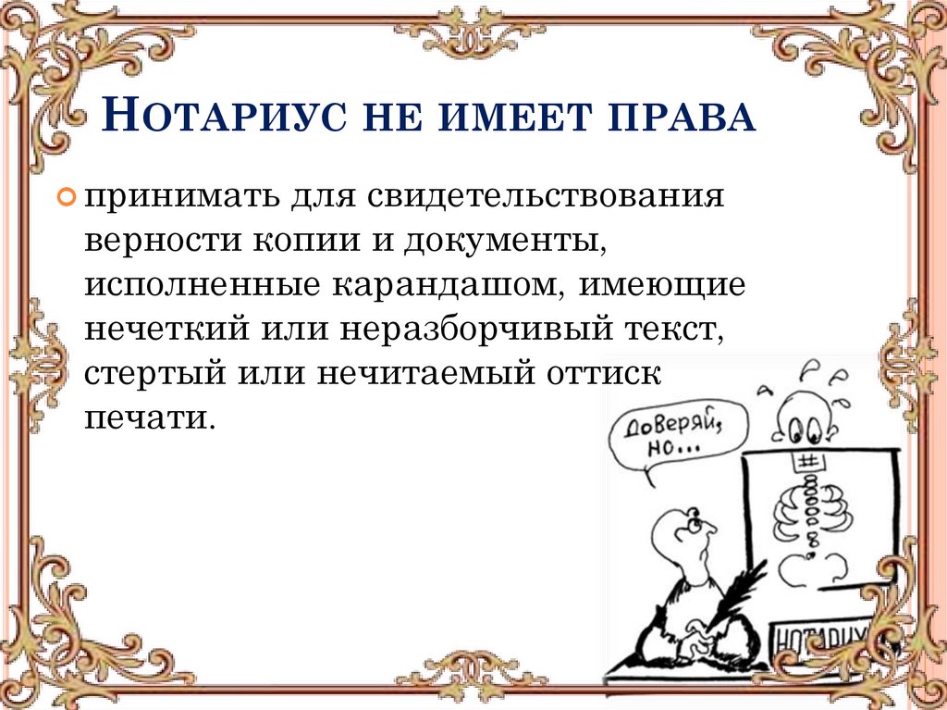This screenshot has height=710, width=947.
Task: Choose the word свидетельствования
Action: tap(546, 199)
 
